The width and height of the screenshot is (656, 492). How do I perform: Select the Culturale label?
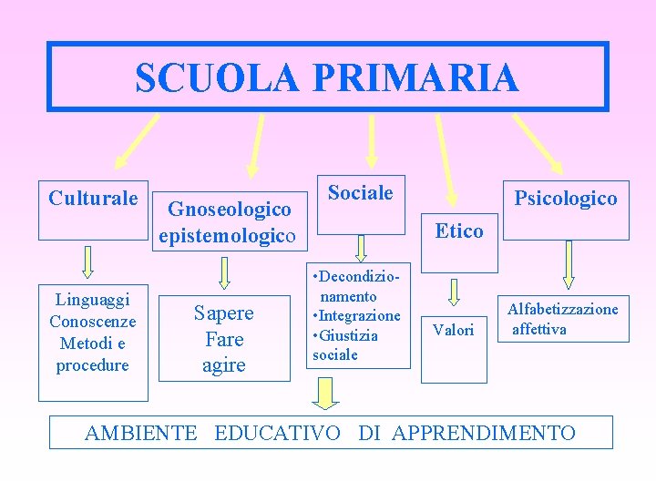click(x=93, y=198)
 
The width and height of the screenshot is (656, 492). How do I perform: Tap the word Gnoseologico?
click(x=231, y=209)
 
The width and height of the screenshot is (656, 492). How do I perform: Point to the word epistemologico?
click(x=227, y=237)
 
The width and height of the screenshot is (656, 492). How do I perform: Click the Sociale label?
click(x=361, y=192)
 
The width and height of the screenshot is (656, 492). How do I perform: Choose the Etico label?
click(x=459, y=231)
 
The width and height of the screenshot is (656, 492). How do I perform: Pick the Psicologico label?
click(x=566, y=198)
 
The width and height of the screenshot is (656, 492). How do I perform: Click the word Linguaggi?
click(x=92, y=299)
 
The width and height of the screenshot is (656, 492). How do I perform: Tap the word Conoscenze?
click(x=92, y=321)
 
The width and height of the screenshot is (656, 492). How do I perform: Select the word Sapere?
click(x=223, y=313)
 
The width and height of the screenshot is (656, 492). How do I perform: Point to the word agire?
click(x=223, y=365)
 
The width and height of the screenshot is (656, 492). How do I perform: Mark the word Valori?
click(x=453, y=330)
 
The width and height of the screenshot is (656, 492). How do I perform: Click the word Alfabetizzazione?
click(x=563, y=309)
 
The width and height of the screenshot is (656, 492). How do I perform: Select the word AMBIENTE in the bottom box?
click(x=140, y=433)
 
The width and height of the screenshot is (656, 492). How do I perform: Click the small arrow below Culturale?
click(x=88, y=261)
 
